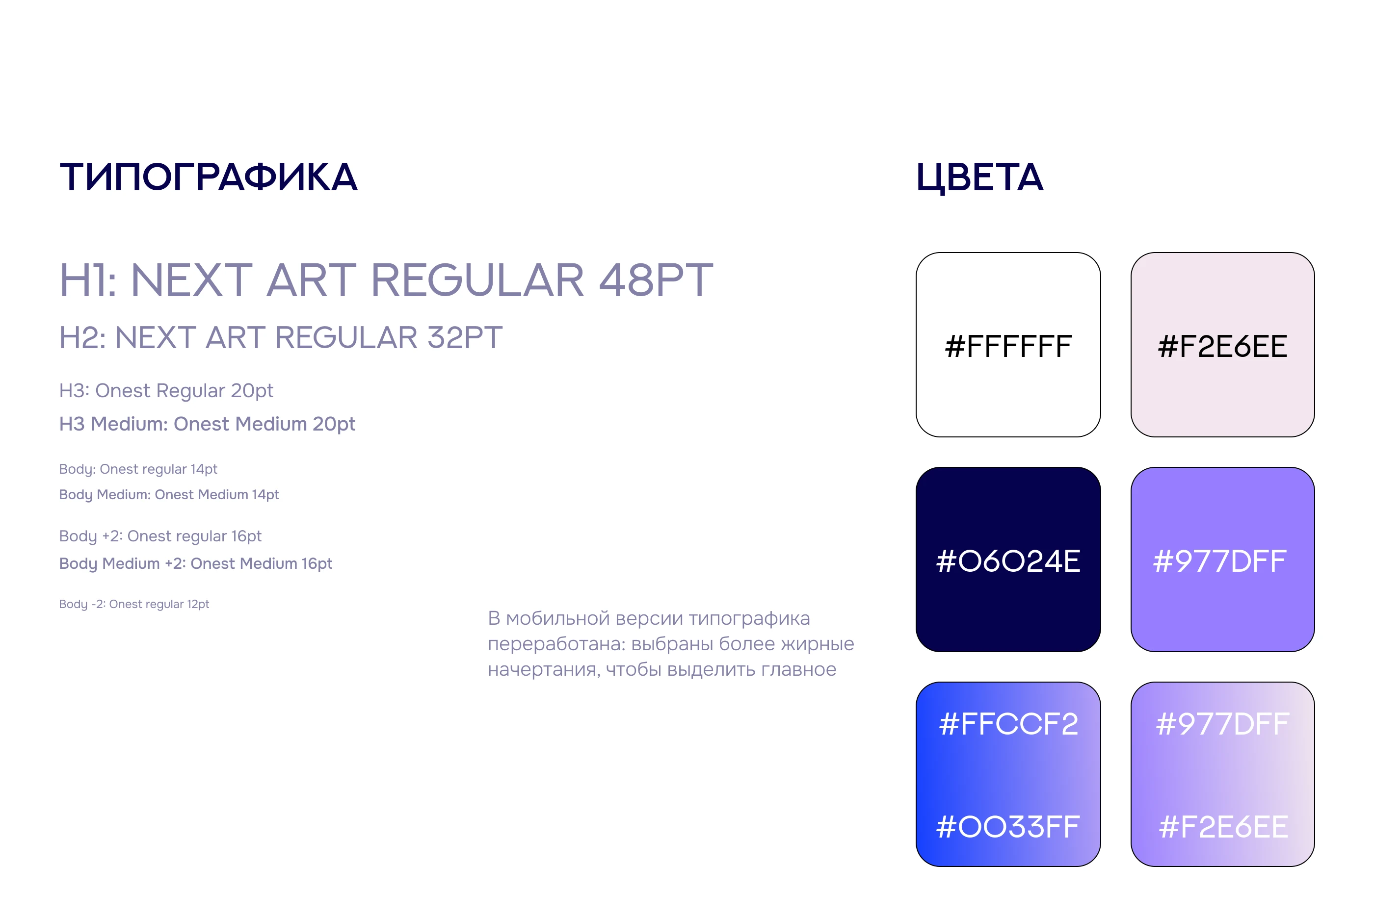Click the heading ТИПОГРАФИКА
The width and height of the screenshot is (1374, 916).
tap(208, 178)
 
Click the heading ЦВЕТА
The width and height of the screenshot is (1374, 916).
tap(979, 178)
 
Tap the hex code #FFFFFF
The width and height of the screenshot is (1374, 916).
tap(1008, 346)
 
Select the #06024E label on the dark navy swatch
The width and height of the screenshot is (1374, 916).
tap(1008, 561)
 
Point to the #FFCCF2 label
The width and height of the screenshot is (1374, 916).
tap(1008, 724)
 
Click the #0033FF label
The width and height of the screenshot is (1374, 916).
tap(1008, 827)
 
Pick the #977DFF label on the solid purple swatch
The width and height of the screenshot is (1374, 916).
tap(1220, 561)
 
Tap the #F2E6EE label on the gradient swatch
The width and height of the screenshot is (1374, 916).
tap(1223, 827)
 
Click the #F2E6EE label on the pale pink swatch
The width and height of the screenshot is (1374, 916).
tap(1223, 346)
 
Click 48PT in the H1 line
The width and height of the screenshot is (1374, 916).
tap(656, 280)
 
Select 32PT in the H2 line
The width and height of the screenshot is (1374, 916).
tap(465, 338)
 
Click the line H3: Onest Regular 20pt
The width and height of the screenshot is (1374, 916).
tap(166, 390)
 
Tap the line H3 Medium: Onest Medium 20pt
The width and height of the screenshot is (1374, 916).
tap(207, 424)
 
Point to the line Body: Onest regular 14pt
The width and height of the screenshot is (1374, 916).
tap(138, 469)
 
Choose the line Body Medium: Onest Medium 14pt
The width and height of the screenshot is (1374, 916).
tap(169, 495)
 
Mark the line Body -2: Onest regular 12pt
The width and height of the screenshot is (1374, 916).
tap(134, 604)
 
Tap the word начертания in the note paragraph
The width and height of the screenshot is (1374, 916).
tap(544, 669)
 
